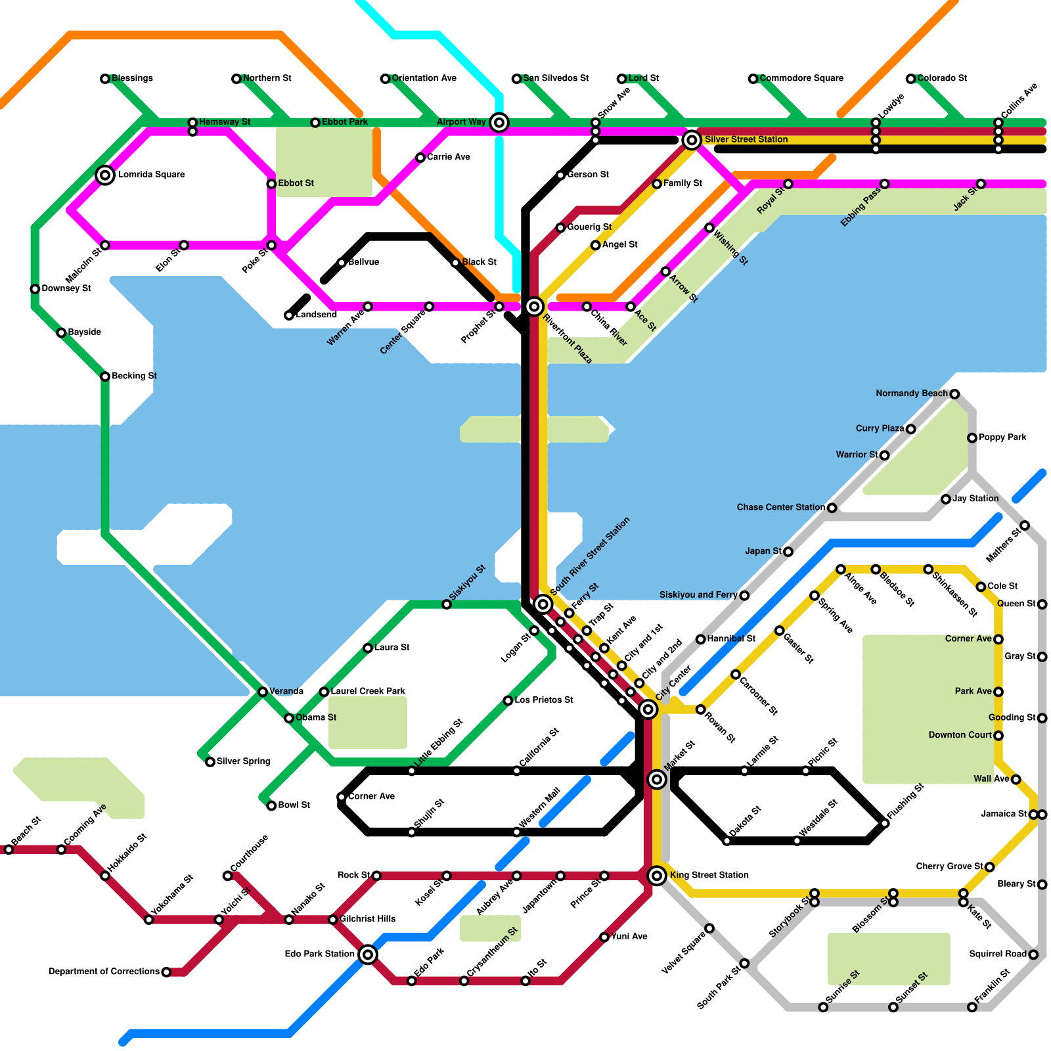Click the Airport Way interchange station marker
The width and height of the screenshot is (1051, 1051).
click(x=499, y=122)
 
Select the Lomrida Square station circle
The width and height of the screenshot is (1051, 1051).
click(x=105, y=175)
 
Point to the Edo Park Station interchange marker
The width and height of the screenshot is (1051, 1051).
click(x=368, y=954)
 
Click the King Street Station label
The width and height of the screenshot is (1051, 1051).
click(x=709, y=875)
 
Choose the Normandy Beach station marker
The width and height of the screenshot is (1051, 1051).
click(x=954, y=394)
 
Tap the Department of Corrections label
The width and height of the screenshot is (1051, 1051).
click(x=104, y=972)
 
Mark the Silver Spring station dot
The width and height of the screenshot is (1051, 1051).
click(x=210, y=762)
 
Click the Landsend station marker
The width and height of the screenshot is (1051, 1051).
click(x=289, y=316)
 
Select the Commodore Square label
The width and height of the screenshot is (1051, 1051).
click(x=801, y=78)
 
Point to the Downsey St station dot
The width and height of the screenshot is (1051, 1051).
click(x=35, y=289)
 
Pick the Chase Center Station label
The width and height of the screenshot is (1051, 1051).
click(x=780, y=507)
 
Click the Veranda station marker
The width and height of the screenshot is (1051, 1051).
click(x=263, y=692)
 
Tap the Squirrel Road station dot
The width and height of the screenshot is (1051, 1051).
click(x=1033, y=954)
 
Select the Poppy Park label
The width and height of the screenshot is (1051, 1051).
click(x=1002, y=437)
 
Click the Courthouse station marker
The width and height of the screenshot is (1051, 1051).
click(x=227, y=876)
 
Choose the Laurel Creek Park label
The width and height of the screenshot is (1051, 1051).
click(x=368, y=691)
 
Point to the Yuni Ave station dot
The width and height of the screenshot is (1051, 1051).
click(x=604, y=937)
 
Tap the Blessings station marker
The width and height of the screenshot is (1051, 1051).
click(x=105, y=79)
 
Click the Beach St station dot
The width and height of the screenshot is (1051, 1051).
click(x=9, y=850)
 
